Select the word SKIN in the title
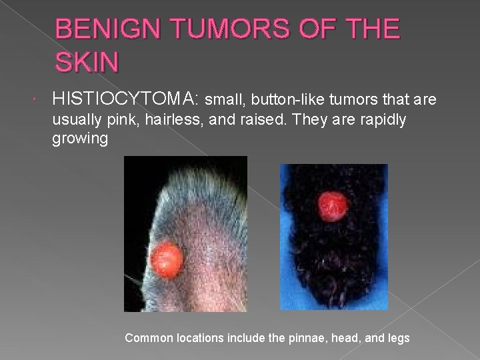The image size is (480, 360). (87, 63)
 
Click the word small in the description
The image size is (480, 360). (221, 100)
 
